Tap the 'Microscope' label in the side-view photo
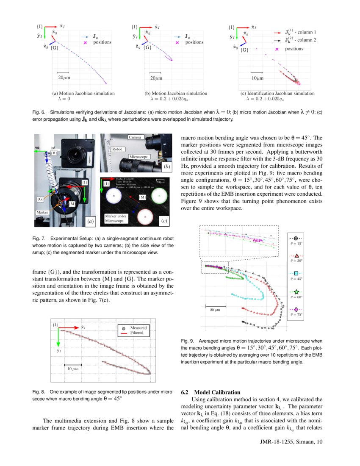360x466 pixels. coord(139,157)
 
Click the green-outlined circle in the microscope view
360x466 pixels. coord(159,196)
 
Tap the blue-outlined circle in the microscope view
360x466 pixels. coord(114,196)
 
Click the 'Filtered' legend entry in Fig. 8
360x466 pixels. coord(136,333)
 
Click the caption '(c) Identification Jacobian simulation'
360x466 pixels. coord(277,93)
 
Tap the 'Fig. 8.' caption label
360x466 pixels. coord(39,392)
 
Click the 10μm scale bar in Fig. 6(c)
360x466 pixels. coord(257,73)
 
